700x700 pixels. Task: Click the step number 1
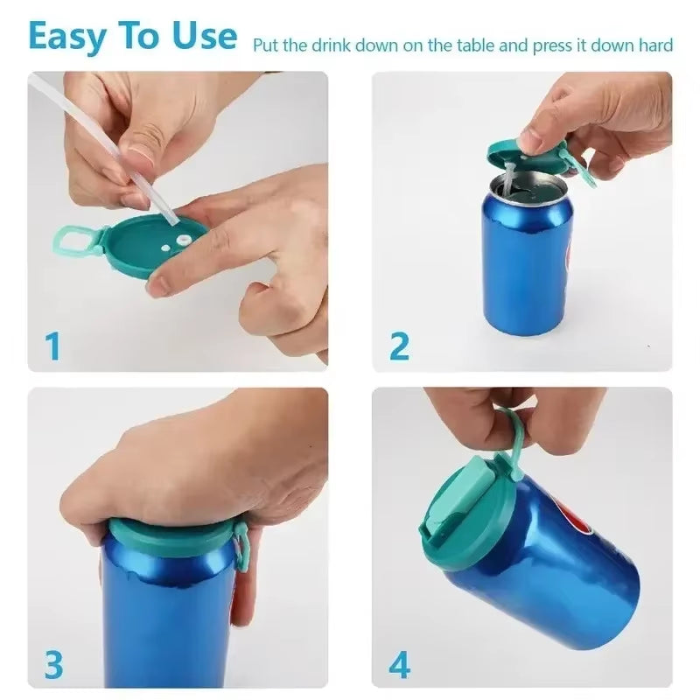pos(53,346)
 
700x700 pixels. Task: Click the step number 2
pos(398,346)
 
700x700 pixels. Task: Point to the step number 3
pos(53,665)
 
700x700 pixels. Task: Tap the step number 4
pos(399,665)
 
